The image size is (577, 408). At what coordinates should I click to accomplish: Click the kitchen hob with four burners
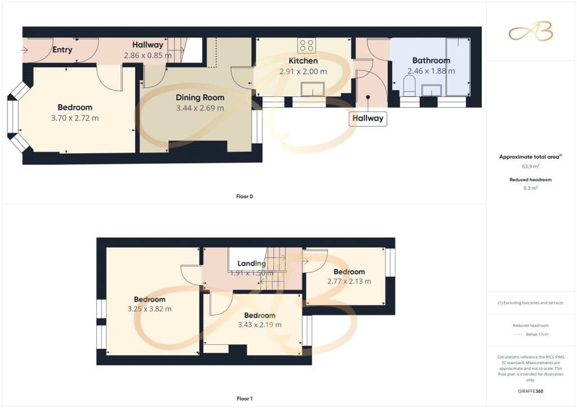click(x=307, y=45)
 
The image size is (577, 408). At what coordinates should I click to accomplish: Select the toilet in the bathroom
click(x=410, y=87)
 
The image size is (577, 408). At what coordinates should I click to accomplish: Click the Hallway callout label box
click(x=368, y=118)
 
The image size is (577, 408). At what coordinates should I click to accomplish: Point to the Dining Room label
click(x=199, y=97)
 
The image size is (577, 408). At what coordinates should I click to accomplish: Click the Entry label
click(x=62, y=50)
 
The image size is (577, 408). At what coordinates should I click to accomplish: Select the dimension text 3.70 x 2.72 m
click(x=74, y=118)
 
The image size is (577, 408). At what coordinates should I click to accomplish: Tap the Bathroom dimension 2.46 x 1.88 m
click(x=431, y=71)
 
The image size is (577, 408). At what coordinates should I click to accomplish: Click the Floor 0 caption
click(x=245, y=196)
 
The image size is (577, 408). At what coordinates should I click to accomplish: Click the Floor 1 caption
click(x=245, y=398)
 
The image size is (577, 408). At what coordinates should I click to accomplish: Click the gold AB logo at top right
click(x=531, y=31)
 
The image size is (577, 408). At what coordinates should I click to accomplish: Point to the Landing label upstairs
click(x=251, y=263)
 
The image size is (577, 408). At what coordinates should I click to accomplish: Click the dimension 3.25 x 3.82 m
click(x=149, y=309)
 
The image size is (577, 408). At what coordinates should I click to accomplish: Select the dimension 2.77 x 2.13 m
click(x=349, y=281)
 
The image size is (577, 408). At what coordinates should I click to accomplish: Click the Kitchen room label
click(x=303, y=61)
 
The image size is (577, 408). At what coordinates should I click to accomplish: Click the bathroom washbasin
click(x=432, y=90)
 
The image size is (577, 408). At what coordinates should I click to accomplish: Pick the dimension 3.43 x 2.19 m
click(x=259, y=325)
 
